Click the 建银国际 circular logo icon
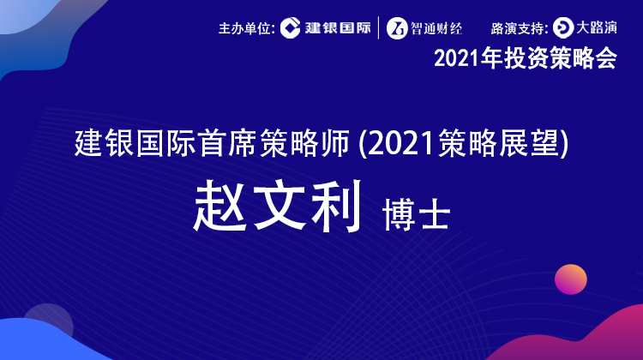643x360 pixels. (x=291, y=28)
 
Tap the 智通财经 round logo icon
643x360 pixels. (x=397, y=28)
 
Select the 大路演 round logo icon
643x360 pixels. (x=563, y=28)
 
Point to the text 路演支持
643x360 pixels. (x=517, y=28)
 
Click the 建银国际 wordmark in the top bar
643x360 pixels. (x=338, y=28)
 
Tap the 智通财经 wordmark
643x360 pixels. (x=436, y=28)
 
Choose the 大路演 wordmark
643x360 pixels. (x=597, y=27)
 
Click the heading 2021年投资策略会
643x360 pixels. (x=526, y=57)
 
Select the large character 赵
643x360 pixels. (x=220, y=206)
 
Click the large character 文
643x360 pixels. (x=279, y=205)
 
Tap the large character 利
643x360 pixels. (x=336, y=205)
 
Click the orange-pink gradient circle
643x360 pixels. (x=571, y=279)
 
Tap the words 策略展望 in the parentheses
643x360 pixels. (x=498, y=143)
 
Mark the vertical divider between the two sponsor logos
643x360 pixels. (x=378, y=28)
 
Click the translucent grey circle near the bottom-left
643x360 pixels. (x=48, y=324)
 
